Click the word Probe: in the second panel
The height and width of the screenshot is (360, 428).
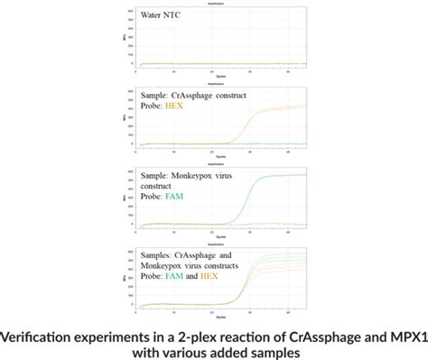pyautogui.click(x=154, y=107)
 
